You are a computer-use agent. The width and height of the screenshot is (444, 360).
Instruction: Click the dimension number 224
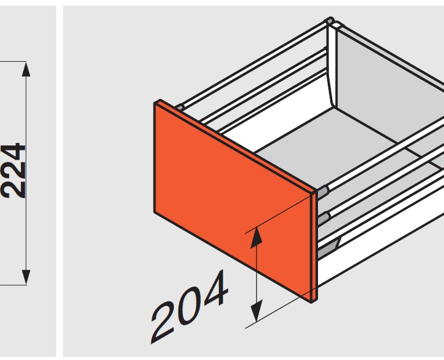(13, 171)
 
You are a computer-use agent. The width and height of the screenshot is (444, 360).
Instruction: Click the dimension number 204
(190, 306)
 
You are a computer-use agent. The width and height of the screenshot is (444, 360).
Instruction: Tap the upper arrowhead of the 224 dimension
(26, 69)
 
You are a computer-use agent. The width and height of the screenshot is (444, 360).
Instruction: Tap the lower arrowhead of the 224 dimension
(26, 277)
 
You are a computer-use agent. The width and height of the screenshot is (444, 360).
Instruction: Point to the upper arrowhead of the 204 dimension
(256, 238)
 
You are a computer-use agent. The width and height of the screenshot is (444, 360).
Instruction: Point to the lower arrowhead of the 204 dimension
(256, 310)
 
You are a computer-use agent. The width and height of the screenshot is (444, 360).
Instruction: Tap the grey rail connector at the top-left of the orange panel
(180, 108)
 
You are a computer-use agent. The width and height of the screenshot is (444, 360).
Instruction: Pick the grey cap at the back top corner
(329, 21)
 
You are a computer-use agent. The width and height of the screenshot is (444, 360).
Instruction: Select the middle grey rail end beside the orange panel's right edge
(323, 219)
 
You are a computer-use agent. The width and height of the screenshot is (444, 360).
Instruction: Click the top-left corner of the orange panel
(155, 103)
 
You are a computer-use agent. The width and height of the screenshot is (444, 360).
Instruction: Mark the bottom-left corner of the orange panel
(155, 211)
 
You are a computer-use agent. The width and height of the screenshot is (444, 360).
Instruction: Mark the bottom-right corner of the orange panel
(311, 303)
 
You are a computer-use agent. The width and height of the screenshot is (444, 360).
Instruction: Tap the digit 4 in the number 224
(13, 153)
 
